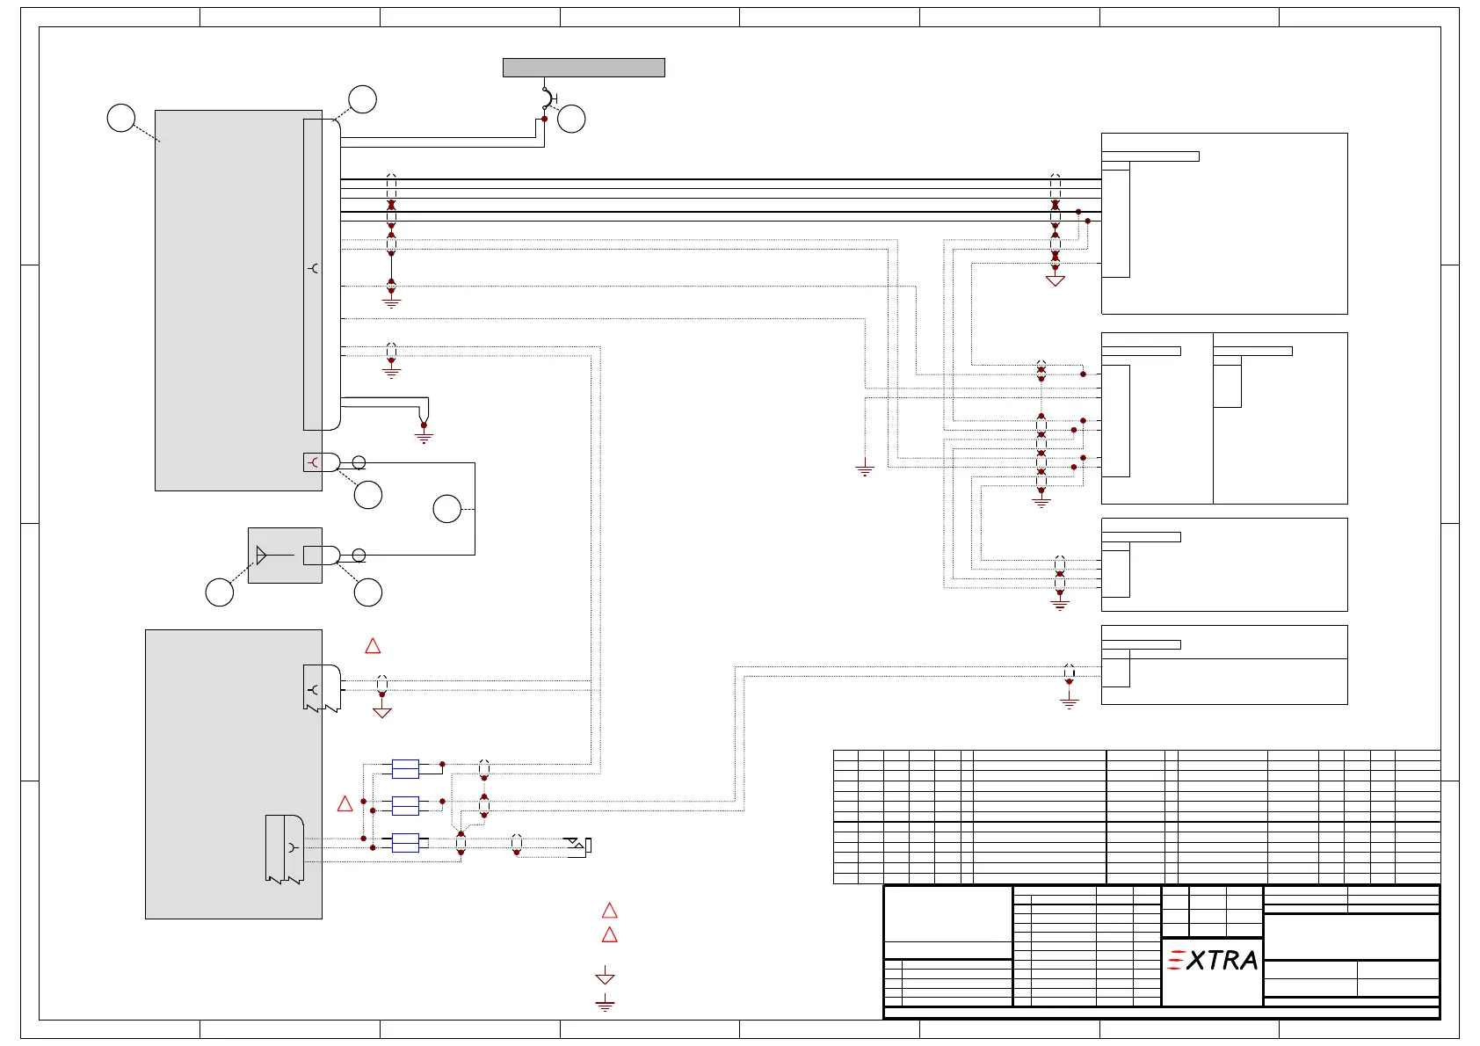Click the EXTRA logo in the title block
point(1212,960)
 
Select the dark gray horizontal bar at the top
point(584,68)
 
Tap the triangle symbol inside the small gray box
point(261,555)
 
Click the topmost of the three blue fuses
point(405,769)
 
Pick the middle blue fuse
point(405,806)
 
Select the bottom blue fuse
point(405,843)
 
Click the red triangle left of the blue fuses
point(345,803)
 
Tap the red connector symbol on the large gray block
point(313,462)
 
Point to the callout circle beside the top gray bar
point(571,119)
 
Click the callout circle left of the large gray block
point(121,118)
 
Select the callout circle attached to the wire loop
point(446,509)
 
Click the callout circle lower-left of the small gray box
point(220,592)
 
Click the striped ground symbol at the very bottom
point(605,1003)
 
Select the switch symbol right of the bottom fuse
point(578,846)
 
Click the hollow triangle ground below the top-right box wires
point(1056,280)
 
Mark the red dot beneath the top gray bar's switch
point(544,119)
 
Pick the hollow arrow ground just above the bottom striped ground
point(605,976)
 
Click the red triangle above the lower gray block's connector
point(373,646)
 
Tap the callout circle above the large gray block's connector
point(362,99)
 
